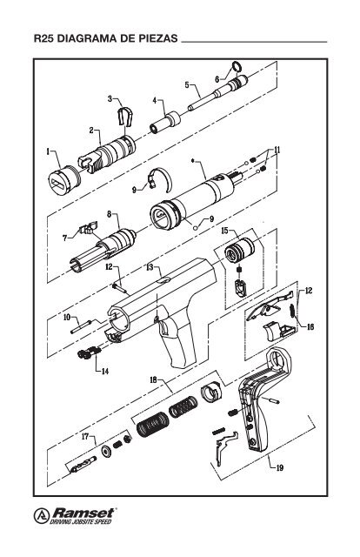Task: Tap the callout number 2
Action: [x=91, y=130]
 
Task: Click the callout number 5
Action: [x=187, y=84]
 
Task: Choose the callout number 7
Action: [x=65, y=237]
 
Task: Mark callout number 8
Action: [x=110, y=213]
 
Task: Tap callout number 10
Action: [x=66, y=318]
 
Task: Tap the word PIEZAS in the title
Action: [x=154, y=40]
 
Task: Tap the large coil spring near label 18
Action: [x=155, y=427]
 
